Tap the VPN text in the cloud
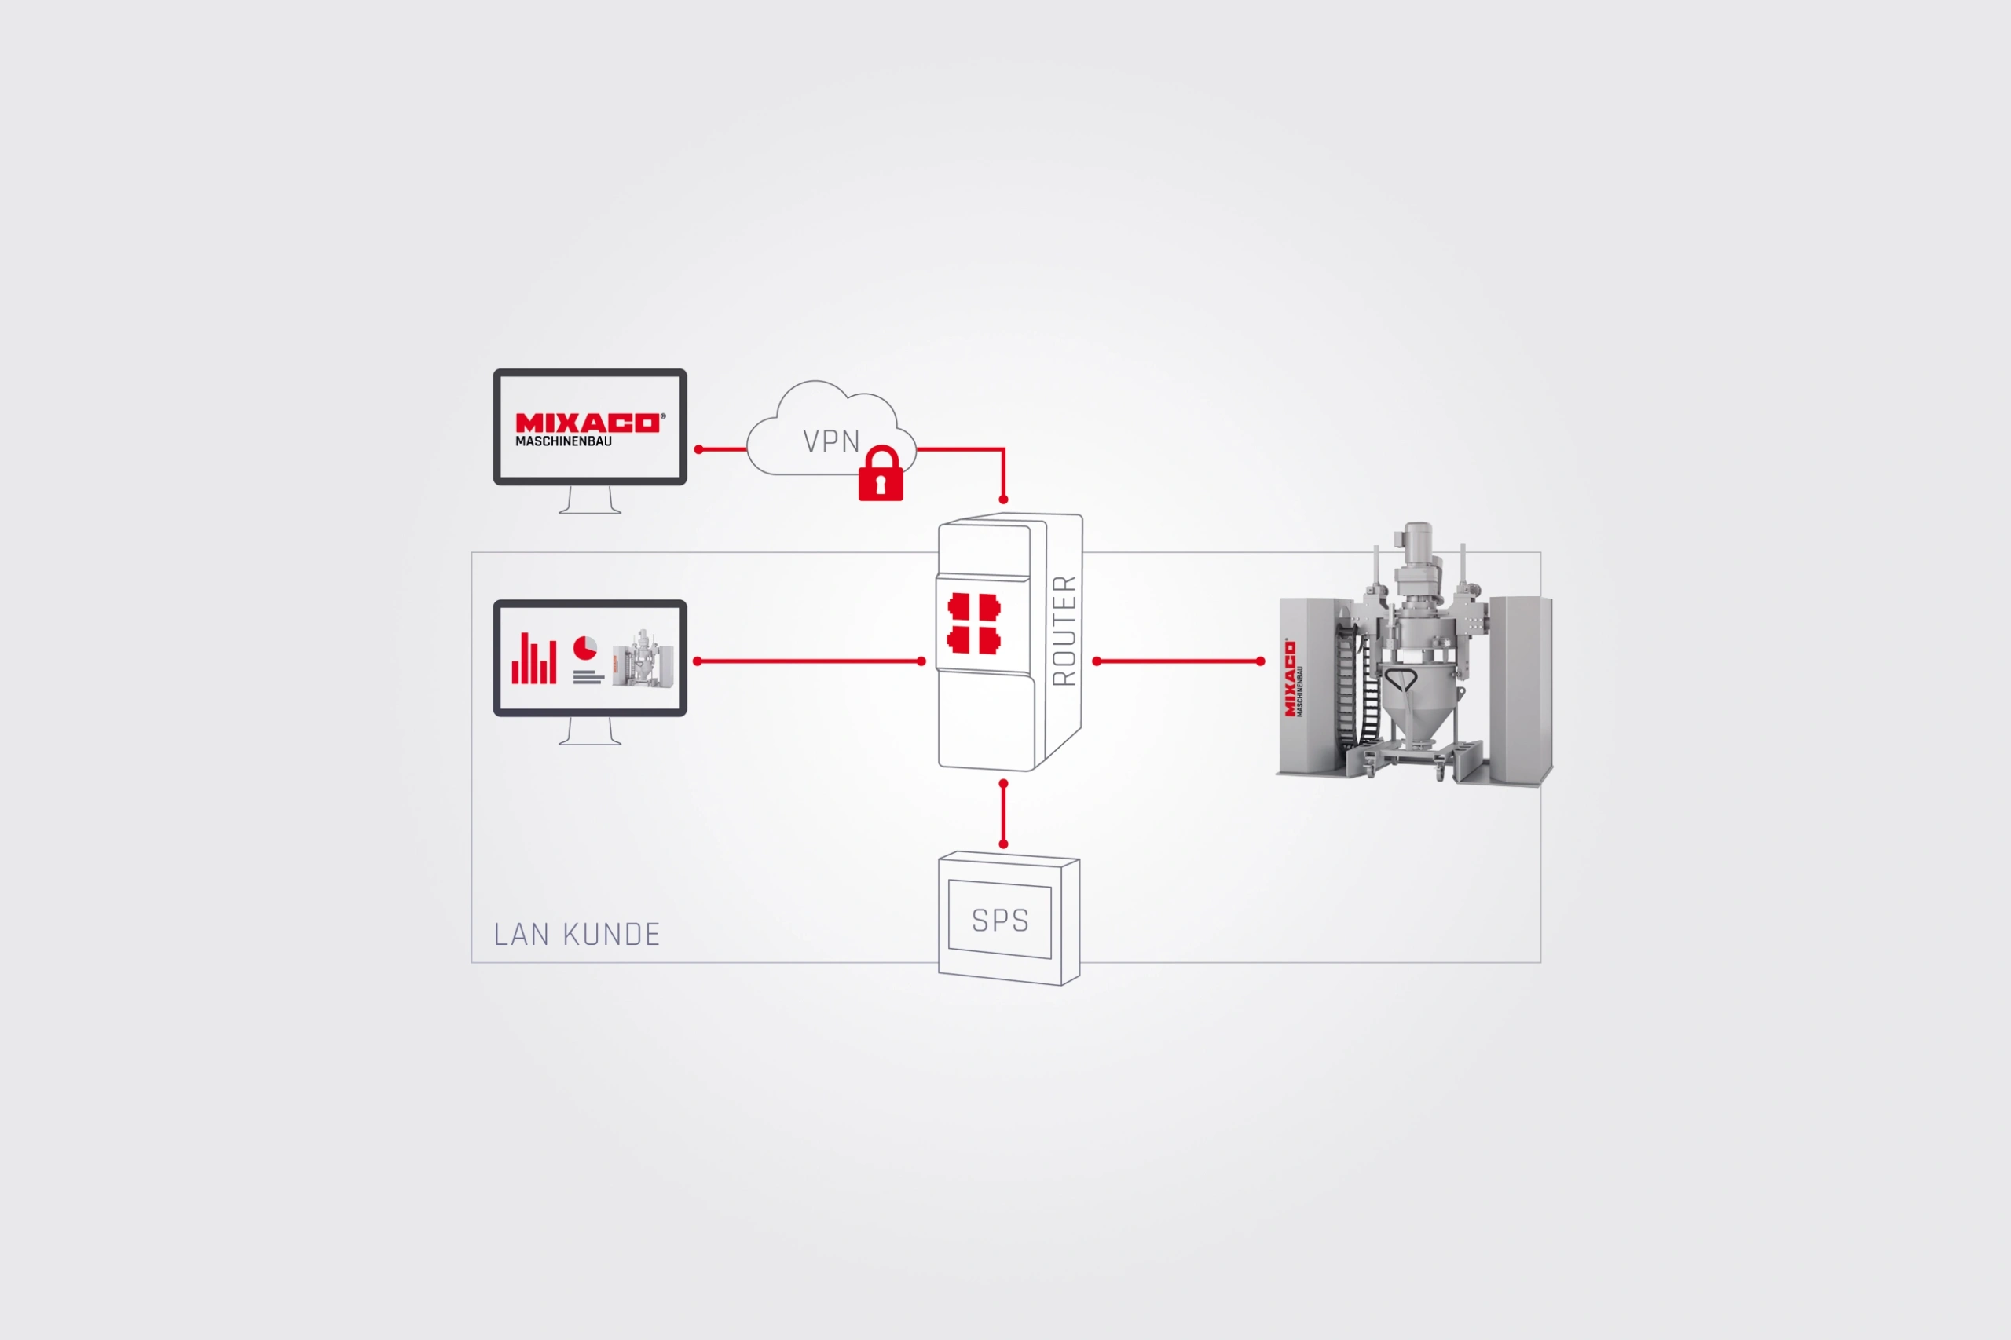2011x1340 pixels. [831, 441]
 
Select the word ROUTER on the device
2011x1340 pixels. [1064, 631]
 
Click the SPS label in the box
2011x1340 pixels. [1000, 921]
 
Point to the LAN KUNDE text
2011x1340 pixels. [577, 935]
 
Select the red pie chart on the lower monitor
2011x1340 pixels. [584, 648]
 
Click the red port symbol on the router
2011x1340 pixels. [973, 624]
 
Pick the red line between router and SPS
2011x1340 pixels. [1003, 814]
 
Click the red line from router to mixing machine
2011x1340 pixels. [1178, 661]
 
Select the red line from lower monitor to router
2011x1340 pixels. [809, 661]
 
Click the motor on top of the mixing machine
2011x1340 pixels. [1418, 547]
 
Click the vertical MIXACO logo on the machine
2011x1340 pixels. [1290, 679]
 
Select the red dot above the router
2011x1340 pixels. [1003, 500]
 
